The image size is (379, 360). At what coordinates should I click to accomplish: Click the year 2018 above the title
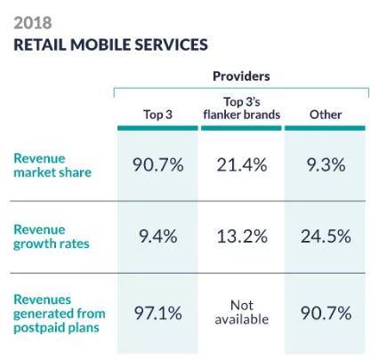click(33, 23)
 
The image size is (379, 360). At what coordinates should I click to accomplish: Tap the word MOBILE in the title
click(101, 44)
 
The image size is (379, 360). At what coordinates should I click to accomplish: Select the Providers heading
click(241, 76)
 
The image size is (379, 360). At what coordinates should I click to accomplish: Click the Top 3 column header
click(157, 115)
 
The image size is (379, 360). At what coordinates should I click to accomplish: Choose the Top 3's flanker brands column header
click(242, 108)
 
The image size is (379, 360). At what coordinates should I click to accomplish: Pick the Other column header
click(326, 115)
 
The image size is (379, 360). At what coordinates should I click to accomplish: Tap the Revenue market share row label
click(52, 165)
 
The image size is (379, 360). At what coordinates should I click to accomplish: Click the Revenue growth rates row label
click(52, 237)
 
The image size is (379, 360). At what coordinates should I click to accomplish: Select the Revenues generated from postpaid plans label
click(60, 314)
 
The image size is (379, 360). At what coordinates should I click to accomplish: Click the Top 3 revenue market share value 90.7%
click(157, 165)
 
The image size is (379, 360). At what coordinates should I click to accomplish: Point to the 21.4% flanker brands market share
click(242, 165)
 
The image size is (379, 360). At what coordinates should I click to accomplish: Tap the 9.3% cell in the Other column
click(326, 165)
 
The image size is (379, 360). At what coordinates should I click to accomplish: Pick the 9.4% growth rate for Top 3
click(158, 236)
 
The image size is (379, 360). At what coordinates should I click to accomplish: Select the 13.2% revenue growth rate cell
click(242, 236)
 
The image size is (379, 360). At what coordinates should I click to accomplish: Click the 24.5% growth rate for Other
click(326, 236)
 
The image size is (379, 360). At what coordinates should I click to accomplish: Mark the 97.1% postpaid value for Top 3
click(157, 314)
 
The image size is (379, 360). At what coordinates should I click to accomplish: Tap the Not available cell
click(242, 313)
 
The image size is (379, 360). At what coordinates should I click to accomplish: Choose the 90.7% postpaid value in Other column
click(326, 314)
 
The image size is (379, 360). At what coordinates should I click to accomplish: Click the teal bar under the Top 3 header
click(157, 128)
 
